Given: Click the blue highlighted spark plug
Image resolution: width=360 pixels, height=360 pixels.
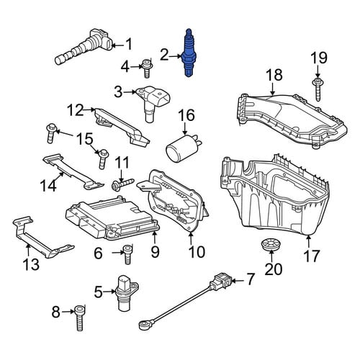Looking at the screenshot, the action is [189, 53].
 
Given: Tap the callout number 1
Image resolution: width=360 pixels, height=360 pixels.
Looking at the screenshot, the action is [129, 45].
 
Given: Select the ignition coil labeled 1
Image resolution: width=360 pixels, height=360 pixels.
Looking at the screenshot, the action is [84, 48].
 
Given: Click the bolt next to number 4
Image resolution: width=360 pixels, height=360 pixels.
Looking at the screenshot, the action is [147, 68].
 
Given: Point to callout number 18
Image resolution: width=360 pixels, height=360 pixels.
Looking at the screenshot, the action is [274, 75].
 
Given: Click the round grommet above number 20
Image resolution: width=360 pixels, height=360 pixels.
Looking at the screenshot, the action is [271, 244].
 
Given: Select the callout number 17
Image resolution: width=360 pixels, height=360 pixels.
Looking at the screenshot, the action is [312, 256].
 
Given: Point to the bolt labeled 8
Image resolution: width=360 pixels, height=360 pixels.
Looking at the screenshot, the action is [79, 318].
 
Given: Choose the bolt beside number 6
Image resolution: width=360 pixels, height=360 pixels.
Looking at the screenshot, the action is [127, 254].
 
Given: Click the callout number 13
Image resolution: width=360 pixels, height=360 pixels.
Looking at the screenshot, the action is [31, 264].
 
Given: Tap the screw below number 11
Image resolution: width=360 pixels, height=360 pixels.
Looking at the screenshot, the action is [122, 184].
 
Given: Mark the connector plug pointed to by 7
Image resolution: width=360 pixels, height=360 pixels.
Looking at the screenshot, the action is [220, 281].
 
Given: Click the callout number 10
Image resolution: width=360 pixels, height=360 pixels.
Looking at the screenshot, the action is [197, 252].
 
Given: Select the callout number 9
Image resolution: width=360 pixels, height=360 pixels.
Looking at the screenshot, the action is [155, 252].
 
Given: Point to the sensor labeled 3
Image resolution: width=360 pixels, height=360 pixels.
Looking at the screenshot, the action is [153, 104].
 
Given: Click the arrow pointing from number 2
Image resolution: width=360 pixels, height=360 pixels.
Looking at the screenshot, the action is [175, 56].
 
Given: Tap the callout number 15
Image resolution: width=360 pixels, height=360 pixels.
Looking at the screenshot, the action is [85, 139].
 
